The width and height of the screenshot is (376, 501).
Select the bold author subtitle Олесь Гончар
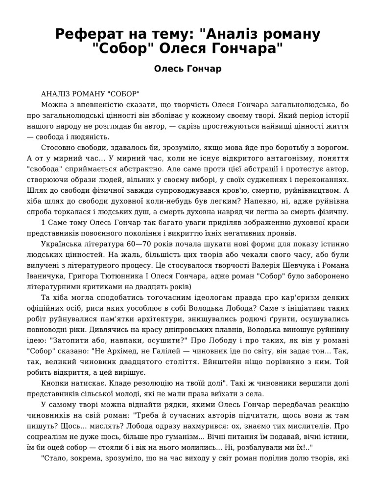[188, 68]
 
